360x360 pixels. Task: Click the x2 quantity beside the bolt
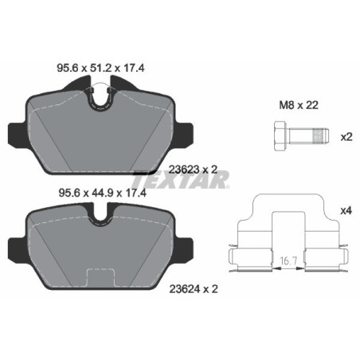pos(346,136)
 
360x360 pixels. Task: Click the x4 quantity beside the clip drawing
pos(346,210)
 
